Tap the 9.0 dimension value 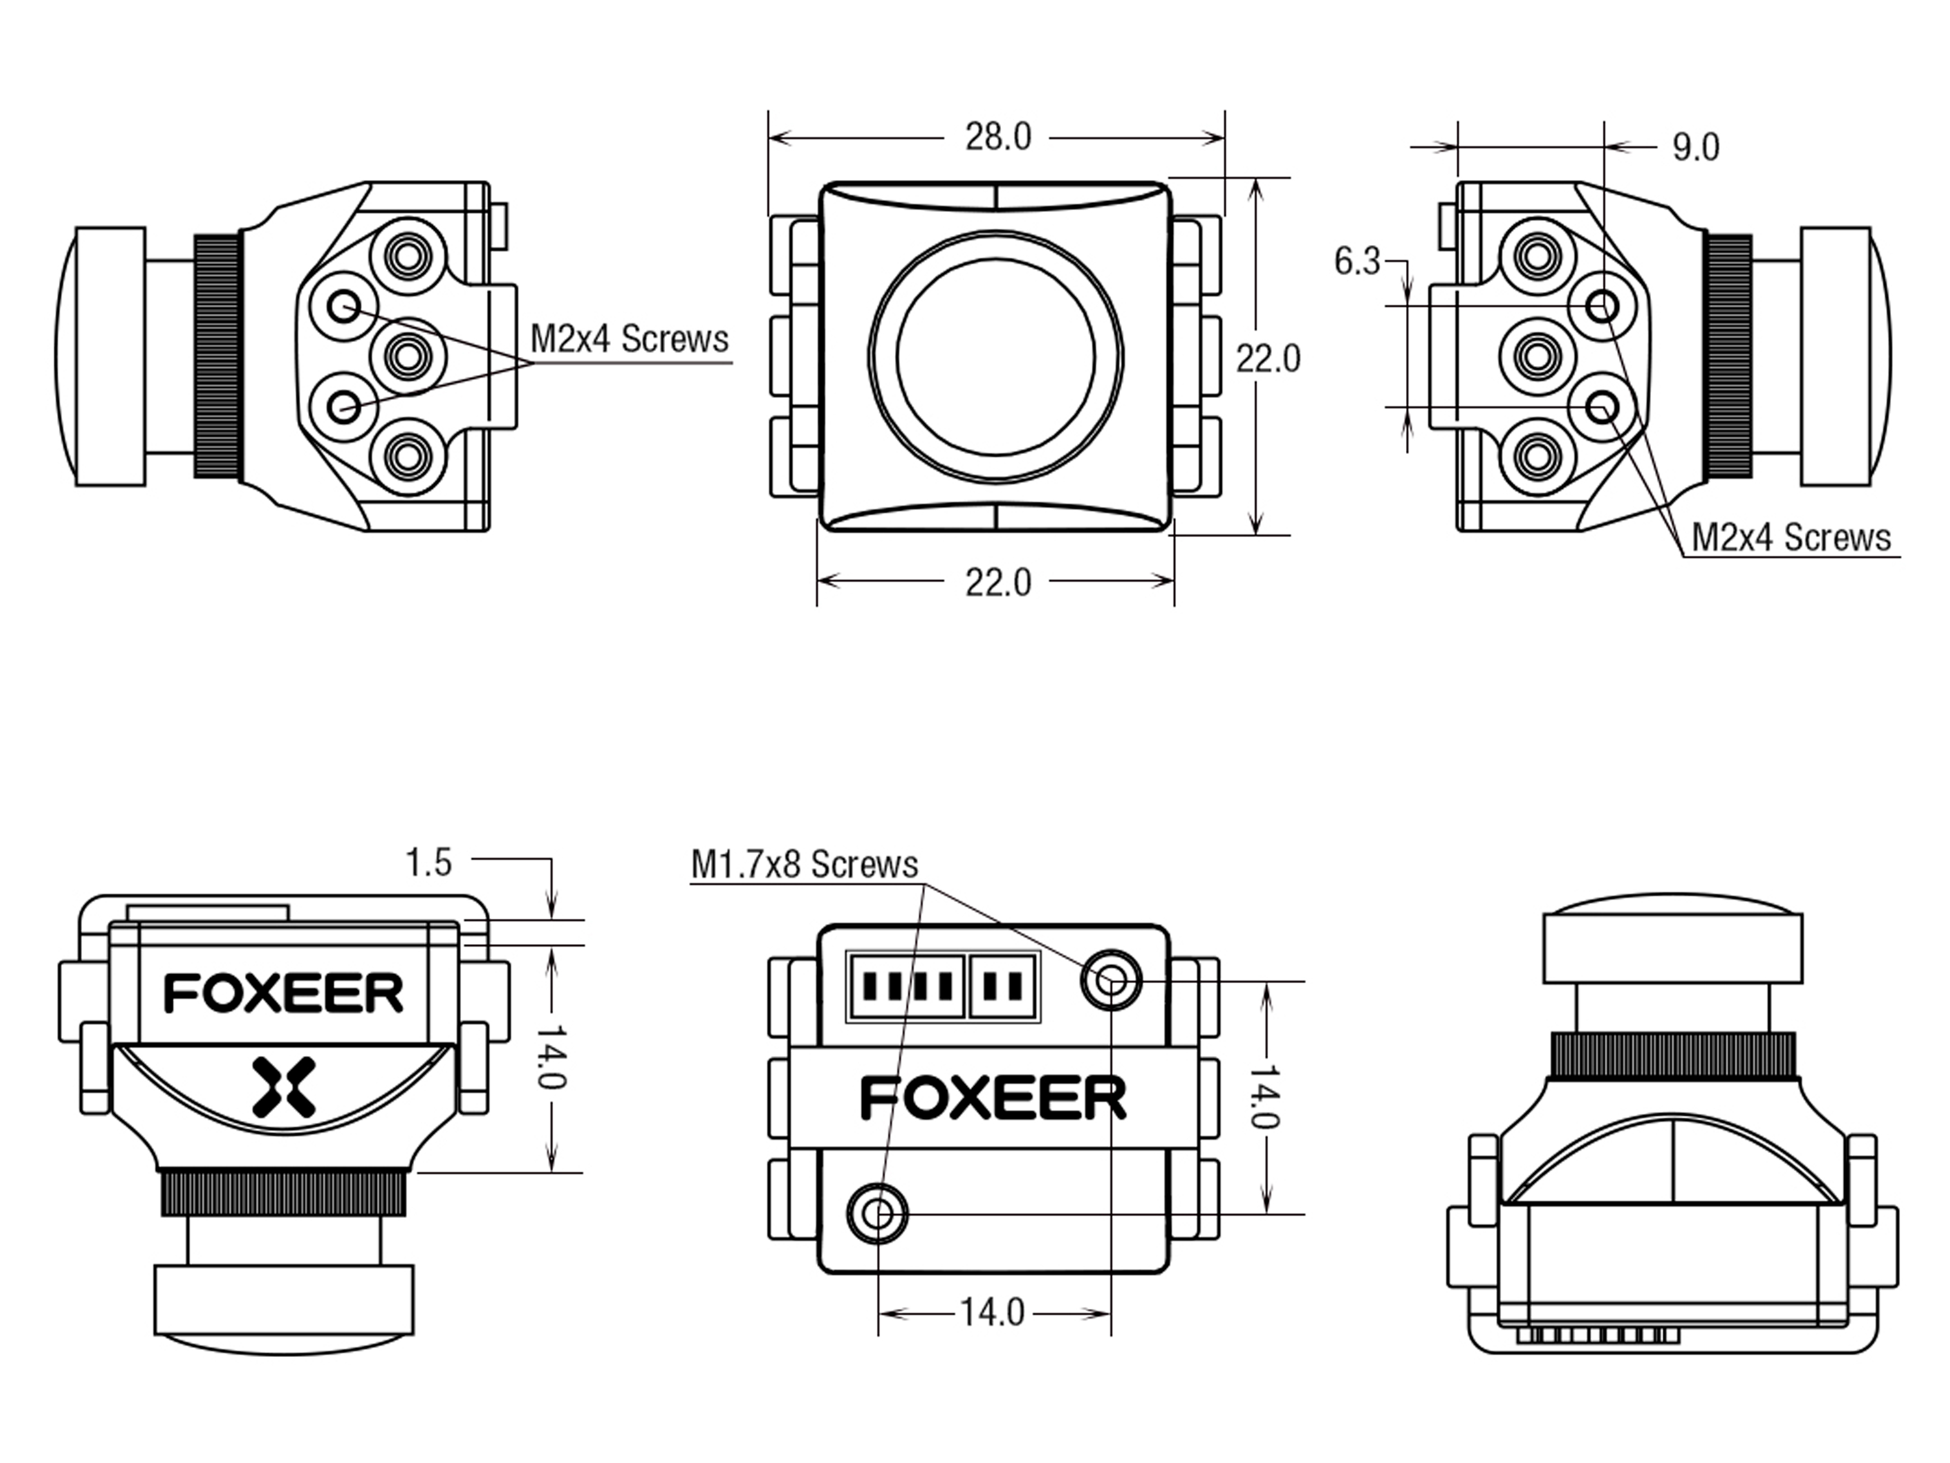pyautogui.click(x=1695, y=147)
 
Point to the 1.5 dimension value pyautogui.click(x=428, y=862)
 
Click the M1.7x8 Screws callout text pyautogui.click(x=804, y=864)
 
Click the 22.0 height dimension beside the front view pyautogui.click(x=1267, y=359)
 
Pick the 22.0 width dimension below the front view pyautogui.click(x=998, y=583)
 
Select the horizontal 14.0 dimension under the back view pyautogui.click(x=993, y=1313)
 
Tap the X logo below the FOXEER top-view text pyautogui.click(x=284, y=1087)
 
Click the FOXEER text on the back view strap pyautogui.click(x=993, y=1099)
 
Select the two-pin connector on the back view pyautogui.click(x=1003, y=986)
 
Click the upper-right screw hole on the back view pyautogui.click(x=1111, y=980)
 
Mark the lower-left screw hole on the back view pyautogui.click(x=877, y=1215)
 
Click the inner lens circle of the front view pyautogui.click(x=996, y=356)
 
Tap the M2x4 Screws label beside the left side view pyautogui.click(x=629, y=339)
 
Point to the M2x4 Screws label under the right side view pyautogui.click(x=1791, y=538)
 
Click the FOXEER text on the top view pyautogui.click(x=284, y=994)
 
